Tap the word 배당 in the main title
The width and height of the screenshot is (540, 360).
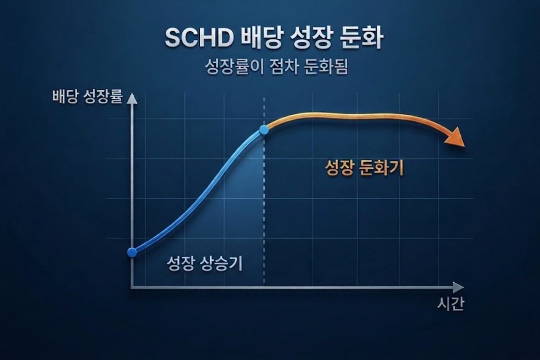261,38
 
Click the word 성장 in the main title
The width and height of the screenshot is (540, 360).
311,38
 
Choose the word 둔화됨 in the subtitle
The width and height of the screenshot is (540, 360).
326,66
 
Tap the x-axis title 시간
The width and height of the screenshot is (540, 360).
450,304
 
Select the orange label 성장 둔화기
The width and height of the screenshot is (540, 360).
364,168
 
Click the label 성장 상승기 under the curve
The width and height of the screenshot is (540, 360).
204,263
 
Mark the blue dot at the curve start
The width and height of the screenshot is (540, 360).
132,252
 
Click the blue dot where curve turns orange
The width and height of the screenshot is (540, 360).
264,130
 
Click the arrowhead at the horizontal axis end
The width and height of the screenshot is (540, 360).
458,287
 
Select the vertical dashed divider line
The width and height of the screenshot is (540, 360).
264,211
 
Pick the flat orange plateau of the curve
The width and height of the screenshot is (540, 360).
352,116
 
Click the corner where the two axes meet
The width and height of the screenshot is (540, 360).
132,287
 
